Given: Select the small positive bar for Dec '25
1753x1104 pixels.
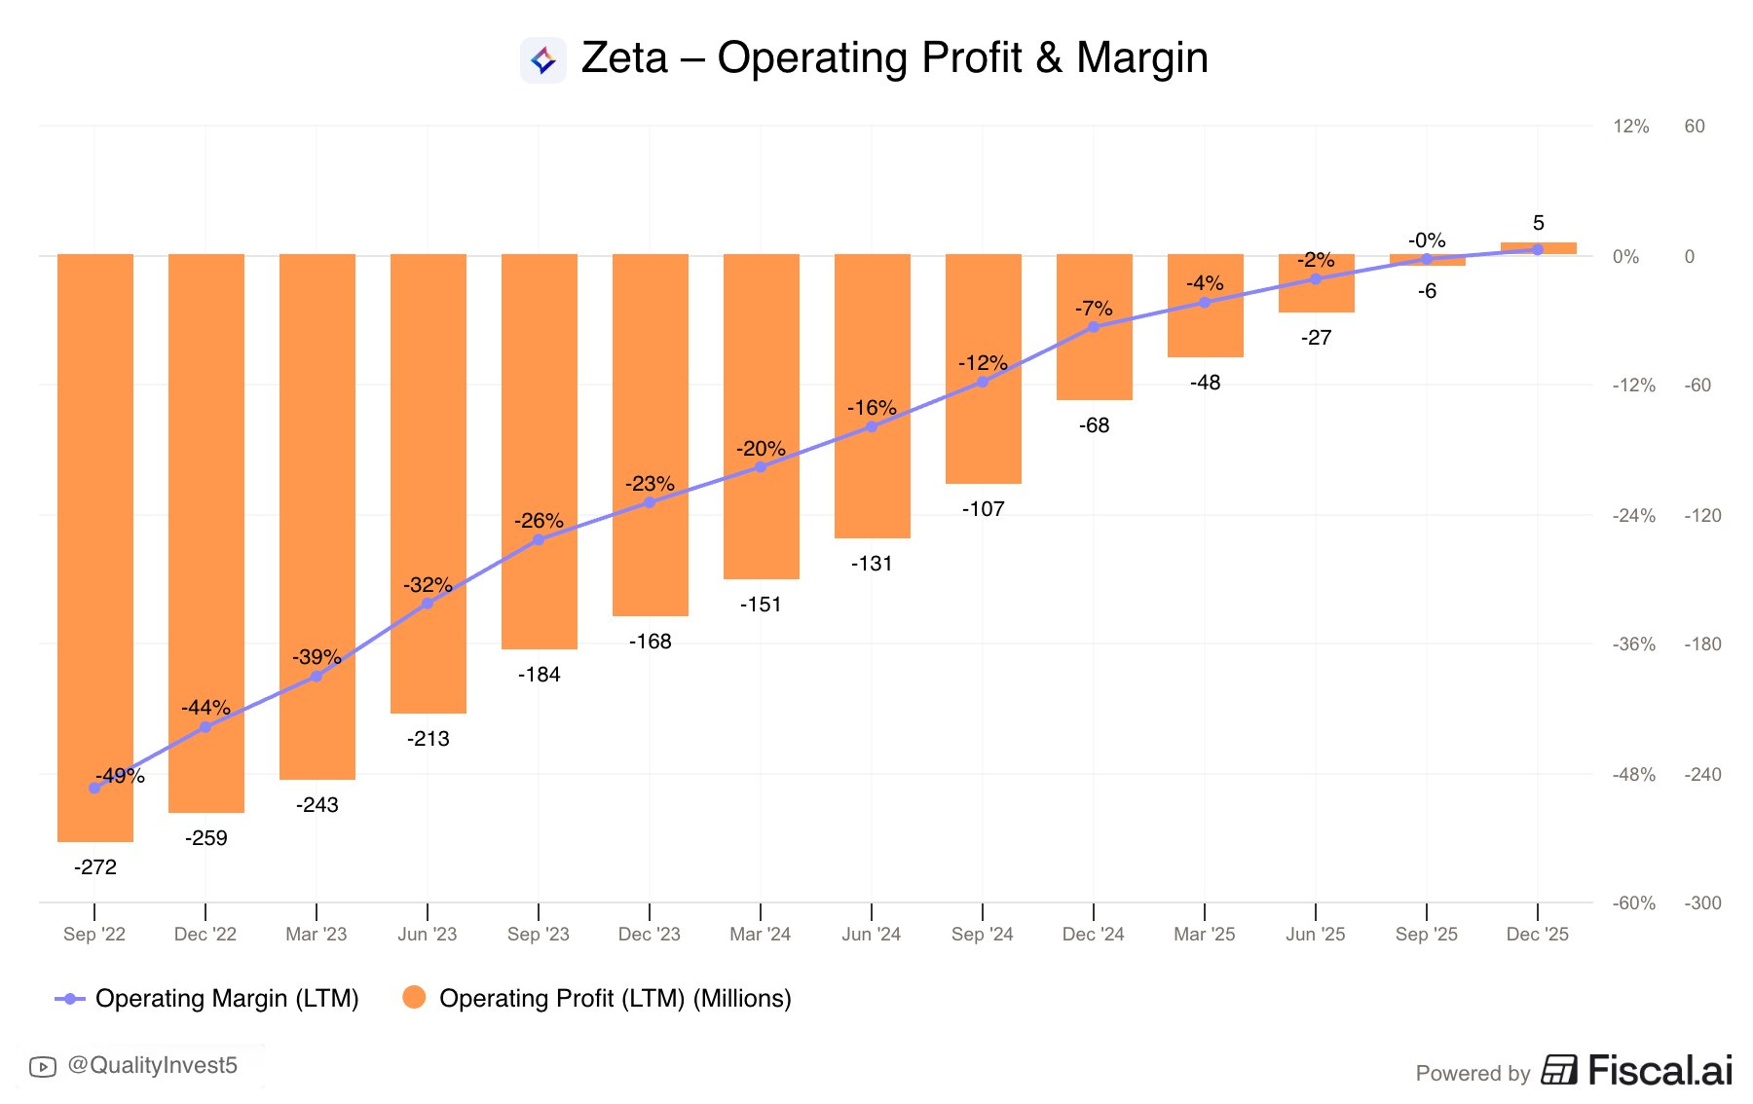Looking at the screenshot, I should click(x=1538, y=248).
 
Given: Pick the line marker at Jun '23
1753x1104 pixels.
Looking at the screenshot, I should click(x=428, y=604).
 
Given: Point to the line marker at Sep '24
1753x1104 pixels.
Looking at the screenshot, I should click(x=982, y=382).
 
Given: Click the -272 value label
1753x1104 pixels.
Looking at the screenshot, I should click(x=95, y=867).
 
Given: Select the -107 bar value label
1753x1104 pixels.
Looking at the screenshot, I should click(x=983, y=509).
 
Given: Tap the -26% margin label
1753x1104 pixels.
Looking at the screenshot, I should click(x=539, y=521).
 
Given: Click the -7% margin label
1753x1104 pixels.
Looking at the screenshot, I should click(x=1094, y=309).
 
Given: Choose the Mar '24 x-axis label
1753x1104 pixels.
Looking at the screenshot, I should click(x=760, y=935).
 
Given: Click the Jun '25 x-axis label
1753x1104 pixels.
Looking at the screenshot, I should click(x=1315, y=935).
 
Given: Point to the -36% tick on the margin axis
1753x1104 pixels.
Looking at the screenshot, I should click(x=1633, y=644).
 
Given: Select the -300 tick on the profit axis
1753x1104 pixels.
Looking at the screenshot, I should click(x=1702, y=903).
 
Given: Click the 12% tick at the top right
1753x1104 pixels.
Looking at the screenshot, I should click(x=1630, y=127).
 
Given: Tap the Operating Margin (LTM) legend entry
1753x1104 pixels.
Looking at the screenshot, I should click(x=226, y=999).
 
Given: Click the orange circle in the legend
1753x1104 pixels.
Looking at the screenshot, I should click(x=414, y=997).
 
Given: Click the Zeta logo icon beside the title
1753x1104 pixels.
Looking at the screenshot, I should click(x=543, y=60).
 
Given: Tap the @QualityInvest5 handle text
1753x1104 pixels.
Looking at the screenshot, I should click(x=152, y=1066).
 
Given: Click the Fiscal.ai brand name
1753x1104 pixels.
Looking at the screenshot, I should click(x=1660, y=1071).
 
